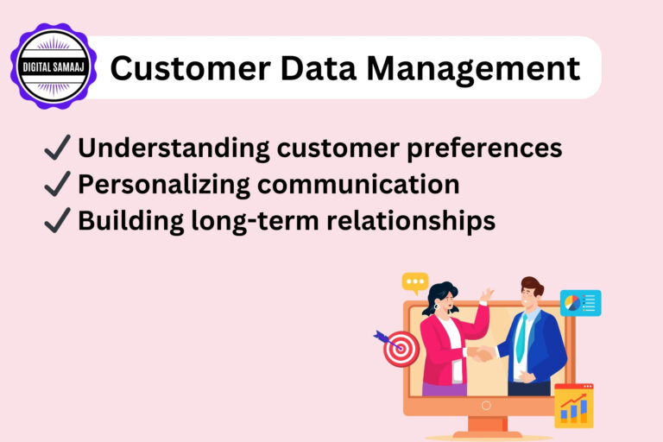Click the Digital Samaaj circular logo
click(54, 66)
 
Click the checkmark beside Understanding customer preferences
click(57, 148)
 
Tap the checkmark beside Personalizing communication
click(57, 185)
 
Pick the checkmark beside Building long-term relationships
click(57, 221)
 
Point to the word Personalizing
click(164, 185)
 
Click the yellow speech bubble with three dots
click(415, 282)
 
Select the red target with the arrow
click(400, 348)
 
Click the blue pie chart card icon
click(580, 303)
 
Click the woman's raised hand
click(487, 296)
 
